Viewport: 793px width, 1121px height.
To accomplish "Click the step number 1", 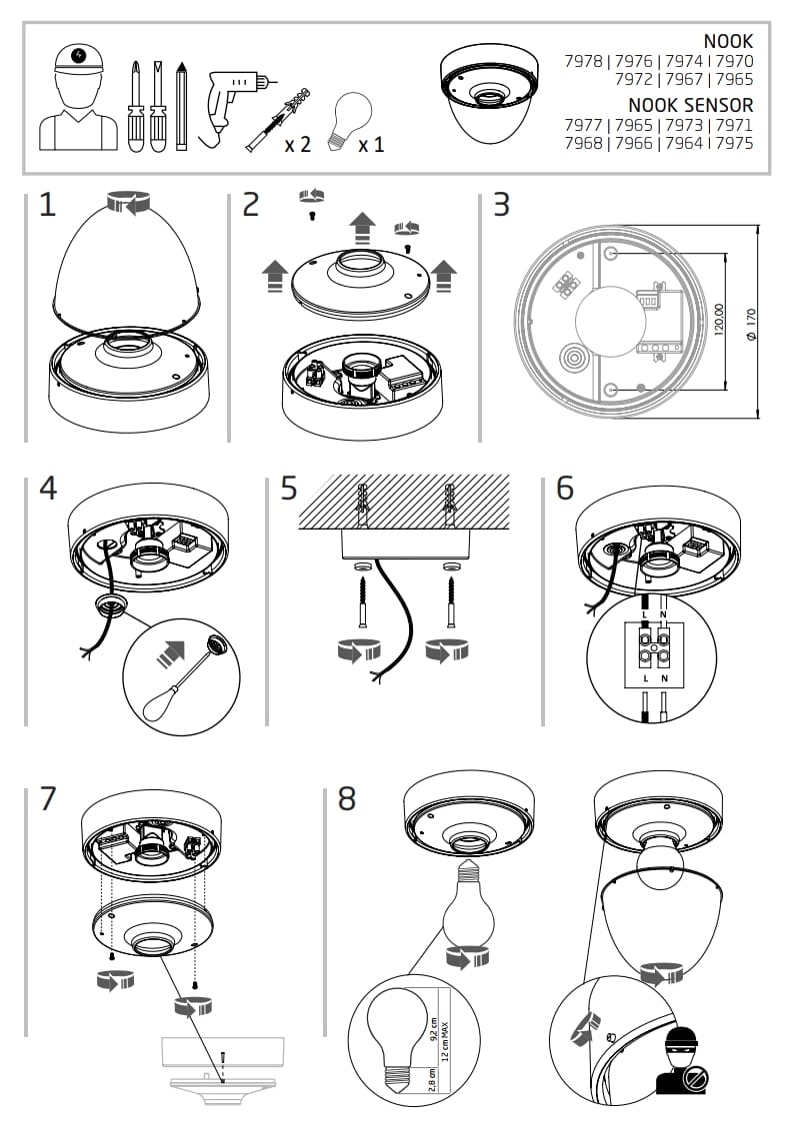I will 48,206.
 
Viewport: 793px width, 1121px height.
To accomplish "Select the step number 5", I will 289,489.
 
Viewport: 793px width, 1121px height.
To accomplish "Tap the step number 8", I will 347,799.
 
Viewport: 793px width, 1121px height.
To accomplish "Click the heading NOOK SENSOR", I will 691,105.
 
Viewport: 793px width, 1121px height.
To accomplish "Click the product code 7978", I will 584,62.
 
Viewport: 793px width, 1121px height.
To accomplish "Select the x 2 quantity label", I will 297,145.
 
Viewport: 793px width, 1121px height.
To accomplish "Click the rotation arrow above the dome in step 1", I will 128,203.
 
